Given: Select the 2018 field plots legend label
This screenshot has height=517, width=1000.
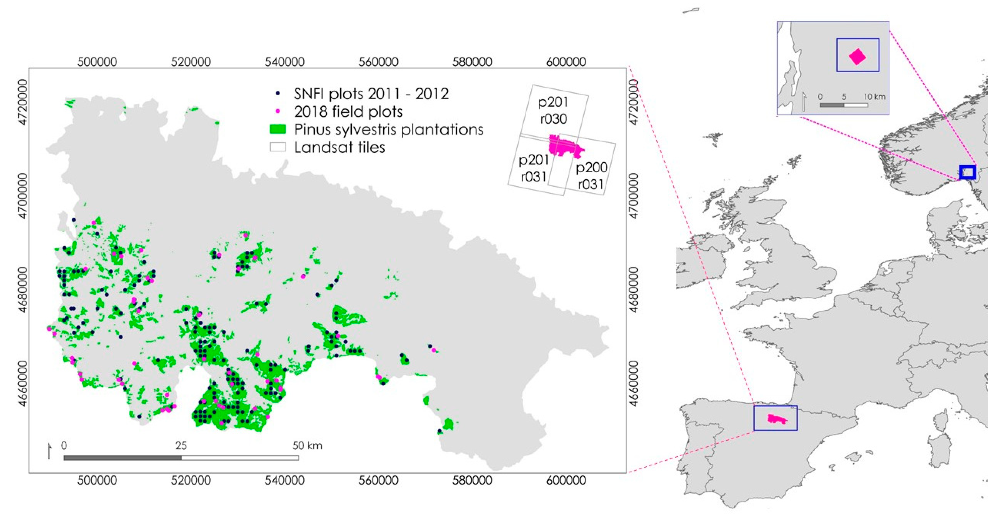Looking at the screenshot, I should (348, 112).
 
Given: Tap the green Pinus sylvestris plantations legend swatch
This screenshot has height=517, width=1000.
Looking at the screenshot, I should (278, 129).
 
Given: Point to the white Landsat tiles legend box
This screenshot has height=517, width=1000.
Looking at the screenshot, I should (278, 147).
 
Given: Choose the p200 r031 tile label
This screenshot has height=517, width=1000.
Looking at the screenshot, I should (591, 175).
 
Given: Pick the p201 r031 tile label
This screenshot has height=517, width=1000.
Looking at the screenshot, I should (534, 168).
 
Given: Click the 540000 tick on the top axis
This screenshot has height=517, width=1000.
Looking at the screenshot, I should (285, 62).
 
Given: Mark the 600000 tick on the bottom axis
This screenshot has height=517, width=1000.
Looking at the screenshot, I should (566, 480).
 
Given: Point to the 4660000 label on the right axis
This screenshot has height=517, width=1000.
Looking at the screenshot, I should (633, 383).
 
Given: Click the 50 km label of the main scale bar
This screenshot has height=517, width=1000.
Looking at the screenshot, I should (307, 446).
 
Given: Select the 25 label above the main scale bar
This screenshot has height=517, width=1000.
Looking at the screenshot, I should (181, 446).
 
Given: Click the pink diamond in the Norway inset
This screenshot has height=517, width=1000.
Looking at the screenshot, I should (857, 57).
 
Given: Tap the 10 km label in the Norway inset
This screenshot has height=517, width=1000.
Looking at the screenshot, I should (874, 97).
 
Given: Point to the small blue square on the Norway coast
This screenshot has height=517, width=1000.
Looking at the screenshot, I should (967, 172).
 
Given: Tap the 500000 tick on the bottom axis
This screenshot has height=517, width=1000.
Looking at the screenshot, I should (97, 480).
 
